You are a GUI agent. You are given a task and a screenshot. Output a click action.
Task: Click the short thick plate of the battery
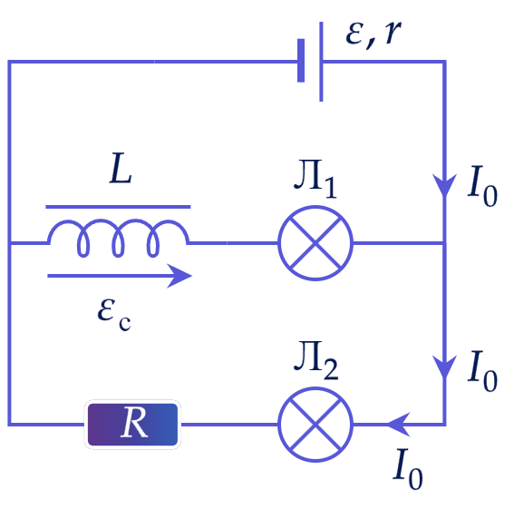(301, 61)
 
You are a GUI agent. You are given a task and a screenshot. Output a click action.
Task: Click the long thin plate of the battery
(321, 62)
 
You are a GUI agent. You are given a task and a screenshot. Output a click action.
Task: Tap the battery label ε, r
(373, 35)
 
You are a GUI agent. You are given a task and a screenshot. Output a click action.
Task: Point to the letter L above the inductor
(121, 168)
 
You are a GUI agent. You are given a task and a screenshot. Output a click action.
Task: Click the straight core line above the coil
(118, 207)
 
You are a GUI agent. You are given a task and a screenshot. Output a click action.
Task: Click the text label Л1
(315, 179)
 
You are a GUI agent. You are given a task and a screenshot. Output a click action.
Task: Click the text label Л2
(316, 361)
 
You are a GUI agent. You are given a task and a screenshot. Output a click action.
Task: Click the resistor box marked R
(132, 425)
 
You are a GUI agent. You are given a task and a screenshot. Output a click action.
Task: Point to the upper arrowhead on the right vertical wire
(444, 186)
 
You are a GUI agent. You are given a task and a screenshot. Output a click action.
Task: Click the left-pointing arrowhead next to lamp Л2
(399, 425)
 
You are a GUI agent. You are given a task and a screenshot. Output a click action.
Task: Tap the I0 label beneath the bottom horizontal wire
(408, 469)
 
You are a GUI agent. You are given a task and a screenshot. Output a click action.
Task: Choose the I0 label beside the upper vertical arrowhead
(482, 186)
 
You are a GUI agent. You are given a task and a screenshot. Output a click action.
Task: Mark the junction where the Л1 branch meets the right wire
(444, 243)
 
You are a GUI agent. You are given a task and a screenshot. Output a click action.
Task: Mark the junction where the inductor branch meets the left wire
(10, 243)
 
